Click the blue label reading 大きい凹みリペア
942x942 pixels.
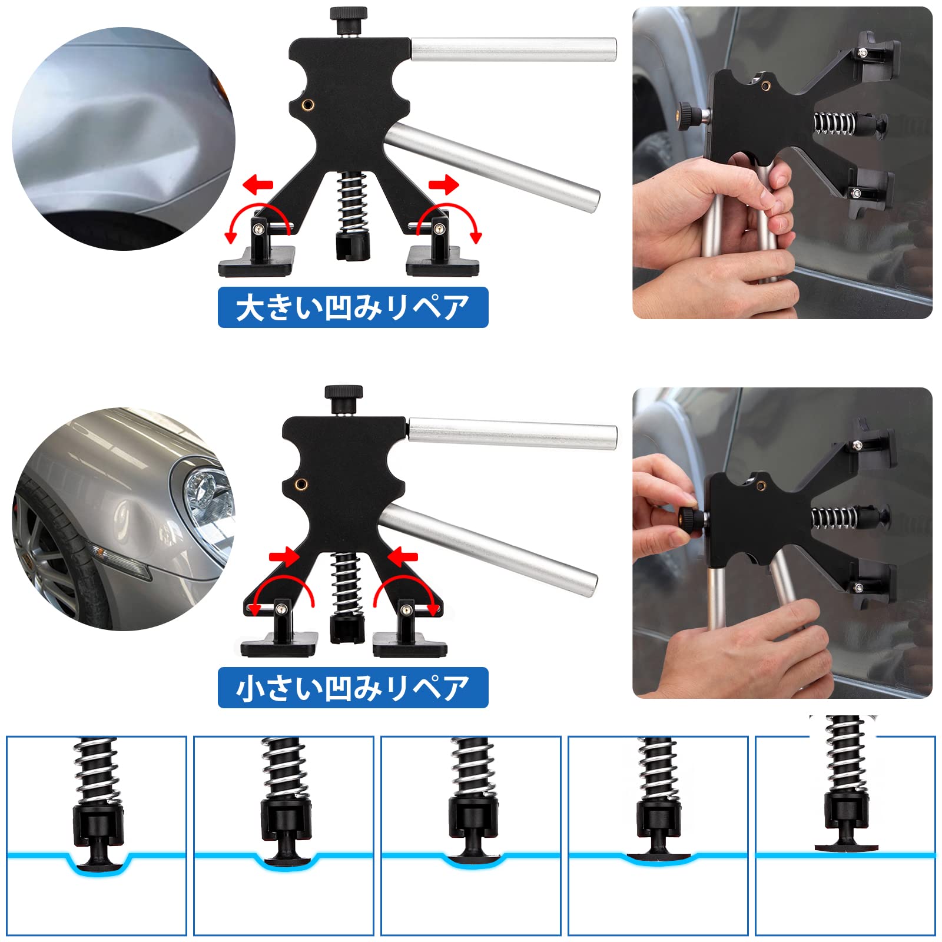(x=353, y=307)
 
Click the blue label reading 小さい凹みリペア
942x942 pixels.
(x=353, y=688)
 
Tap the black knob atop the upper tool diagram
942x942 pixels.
(x=349, y=21)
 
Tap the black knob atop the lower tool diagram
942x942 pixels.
(x=343, y=399)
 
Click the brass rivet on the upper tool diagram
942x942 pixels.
(x=307, y=105)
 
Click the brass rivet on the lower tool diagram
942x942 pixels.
(x=302, y=485)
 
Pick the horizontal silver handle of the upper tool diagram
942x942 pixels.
(x=513, y=49)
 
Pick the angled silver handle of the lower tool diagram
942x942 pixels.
(x=487, y=550)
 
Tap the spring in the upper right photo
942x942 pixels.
(x=834, y=124)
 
